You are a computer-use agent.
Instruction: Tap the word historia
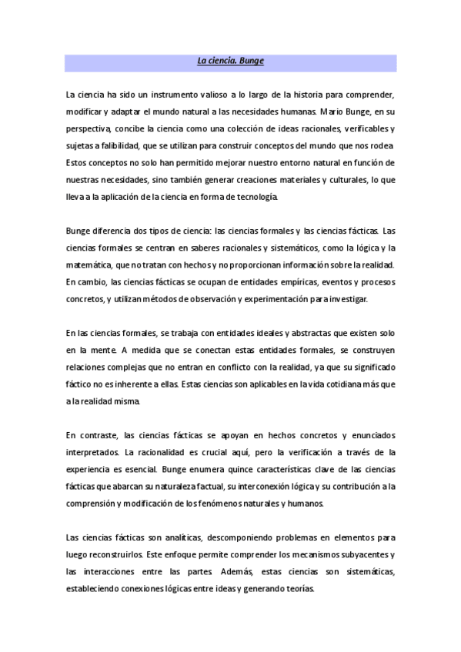tap(308, 94)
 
